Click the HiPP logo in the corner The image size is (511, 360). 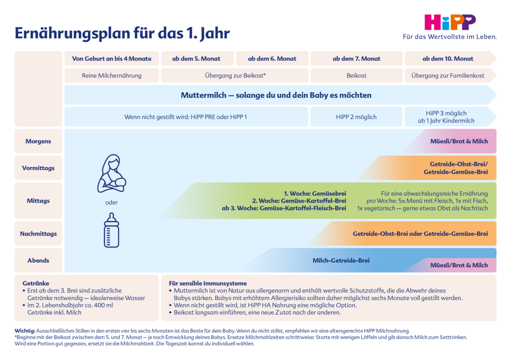click(450, 22)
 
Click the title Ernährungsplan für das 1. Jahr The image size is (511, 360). click(122, 34)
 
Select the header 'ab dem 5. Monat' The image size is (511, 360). click(198, 59)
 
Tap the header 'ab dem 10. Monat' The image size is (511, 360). click(448, 59)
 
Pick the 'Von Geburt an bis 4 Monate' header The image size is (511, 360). click(111, 59)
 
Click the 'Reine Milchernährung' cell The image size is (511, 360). click(111, 75)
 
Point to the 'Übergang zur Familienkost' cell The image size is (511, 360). click(448, 75)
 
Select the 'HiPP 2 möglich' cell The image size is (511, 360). click(356, 117)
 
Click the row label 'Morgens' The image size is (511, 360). click(38, 141)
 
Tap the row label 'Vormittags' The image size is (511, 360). click(38, 168)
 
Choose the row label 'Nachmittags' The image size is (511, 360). click(38, 234)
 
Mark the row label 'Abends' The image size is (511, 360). click(38, 260)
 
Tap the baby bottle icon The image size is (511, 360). click(111, 231)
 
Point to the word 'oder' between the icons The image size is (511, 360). click(111, 203)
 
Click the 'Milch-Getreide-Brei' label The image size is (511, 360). click(341, 260)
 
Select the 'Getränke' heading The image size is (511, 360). click(36, 283)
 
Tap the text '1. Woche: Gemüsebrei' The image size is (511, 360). click(315, 193)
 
